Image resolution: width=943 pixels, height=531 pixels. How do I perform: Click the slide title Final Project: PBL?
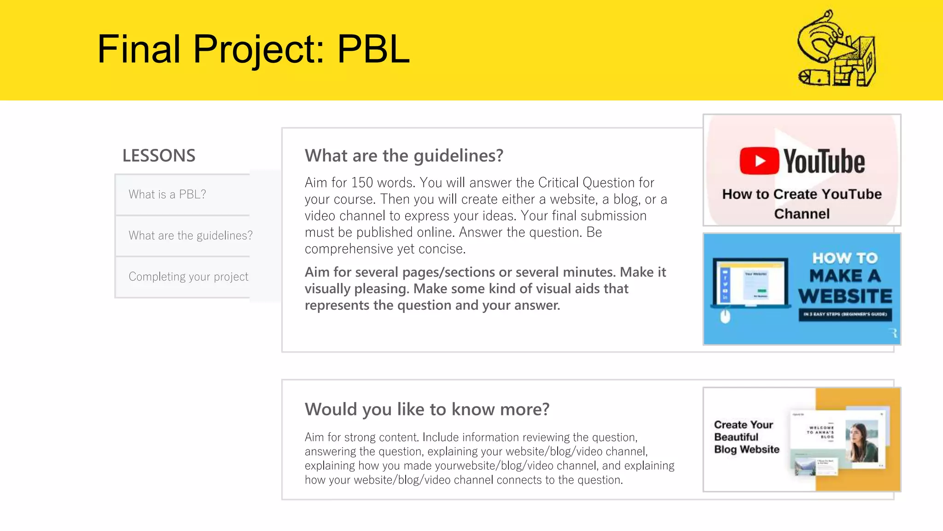pos(253,49)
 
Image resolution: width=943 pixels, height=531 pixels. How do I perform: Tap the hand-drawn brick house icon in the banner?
pos(837,49)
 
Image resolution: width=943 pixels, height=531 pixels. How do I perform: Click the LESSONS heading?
pos(159,156)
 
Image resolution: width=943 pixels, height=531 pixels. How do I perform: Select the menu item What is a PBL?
pos(167,195)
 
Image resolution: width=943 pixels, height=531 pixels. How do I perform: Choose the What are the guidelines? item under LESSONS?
pos(190,236)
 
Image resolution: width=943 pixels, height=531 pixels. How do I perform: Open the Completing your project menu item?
pos(188,277)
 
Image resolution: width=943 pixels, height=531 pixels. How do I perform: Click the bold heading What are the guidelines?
pos(404,156)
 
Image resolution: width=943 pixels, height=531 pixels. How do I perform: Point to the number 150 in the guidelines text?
pos(362,183)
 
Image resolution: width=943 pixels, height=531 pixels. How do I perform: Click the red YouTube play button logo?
pos(759,161)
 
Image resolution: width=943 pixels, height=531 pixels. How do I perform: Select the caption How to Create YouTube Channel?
pos(802,204)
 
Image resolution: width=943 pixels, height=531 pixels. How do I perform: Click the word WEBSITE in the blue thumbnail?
pos(845,296)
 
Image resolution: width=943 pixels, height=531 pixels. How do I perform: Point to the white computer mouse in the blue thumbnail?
pos(725,317)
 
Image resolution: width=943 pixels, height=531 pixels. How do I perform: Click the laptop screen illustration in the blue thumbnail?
pos(751,283)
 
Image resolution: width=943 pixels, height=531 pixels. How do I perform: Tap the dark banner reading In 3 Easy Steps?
pos(845,314)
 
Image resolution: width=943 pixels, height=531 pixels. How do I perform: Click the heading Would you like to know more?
pos(427,409)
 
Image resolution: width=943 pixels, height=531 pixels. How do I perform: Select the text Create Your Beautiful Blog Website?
pos(746,437)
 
